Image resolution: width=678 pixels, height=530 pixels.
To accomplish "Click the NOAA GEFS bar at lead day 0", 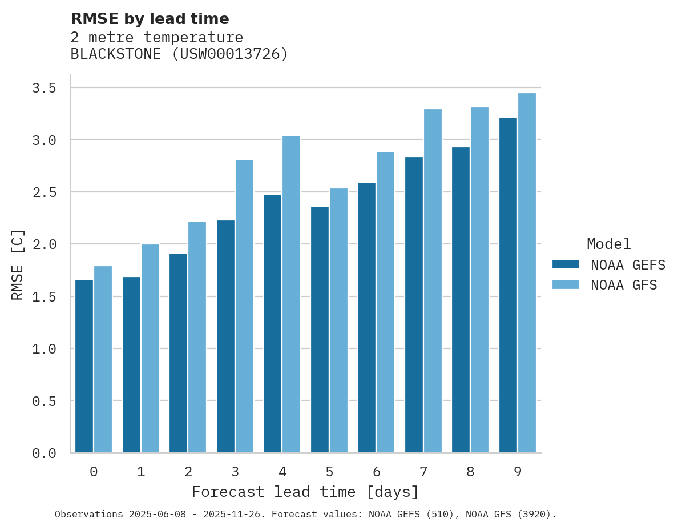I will (x=84, y=366).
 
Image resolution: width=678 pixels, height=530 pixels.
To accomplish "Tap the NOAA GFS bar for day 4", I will (x=291, y=294).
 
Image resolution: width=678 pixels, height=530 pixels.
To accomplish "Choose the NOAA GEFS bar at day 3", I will (x=225, y=336).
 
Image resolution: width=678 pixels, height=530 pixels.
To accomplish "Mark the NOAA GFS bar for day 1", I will (x=150, y=348).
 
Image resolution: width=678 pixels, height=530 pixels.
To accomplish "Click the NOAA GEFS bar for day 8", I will (x=461, y=300).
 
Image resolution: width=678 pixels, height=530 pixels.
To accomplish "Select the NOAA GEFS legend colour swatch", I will (x=566, y=264).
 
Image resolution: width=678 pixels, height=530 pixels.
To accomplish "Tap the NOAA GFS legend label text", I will (x=624, y=285).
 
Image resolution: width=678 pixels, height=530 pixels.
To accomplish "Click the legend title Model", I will (x=608, y=244).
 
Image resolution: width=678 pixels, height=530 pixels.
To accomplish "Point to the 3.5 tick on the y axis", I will (x=44, y=88).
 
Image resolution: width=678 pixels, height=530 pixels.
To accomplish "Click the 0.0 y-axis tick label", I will (x=44, y=453).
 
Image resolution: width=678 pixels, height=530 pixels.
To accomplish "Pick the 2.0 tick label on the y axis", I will (x=44, y=244).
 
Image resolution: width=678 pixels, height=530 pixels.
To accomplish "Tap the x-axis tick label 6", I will (x=376, y=472).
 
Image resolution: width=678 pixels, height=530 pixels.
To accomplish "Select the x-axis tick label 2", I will (x=188, y=472).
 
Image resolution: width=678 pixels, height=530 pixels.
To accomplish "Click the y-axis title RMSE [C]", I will (x=18, y=264).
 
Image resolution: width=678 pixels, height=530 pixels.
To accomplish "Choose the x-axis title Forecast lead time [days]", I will (x=305, y=492).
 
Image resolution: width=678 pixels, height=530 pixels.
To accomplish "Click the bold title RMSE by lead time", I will (x=150, y=19).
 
